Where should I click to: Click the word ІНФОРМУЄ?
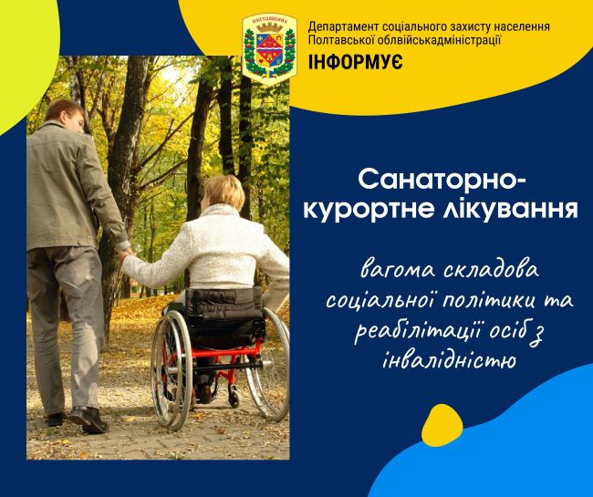(x=355, y=62)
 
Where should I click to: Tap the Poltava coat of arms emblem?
(x=269, y=49)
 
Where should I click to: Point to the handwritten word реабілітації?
(x=418, y=330)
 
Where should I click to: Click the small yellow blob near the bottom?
(x=442, y=425)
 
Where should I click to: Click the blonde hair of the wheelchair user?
(x=224, y=192)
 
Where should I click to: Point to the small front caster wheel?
(x=234, y=398)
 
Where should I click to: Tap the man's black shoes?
(x=80, y=419)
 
